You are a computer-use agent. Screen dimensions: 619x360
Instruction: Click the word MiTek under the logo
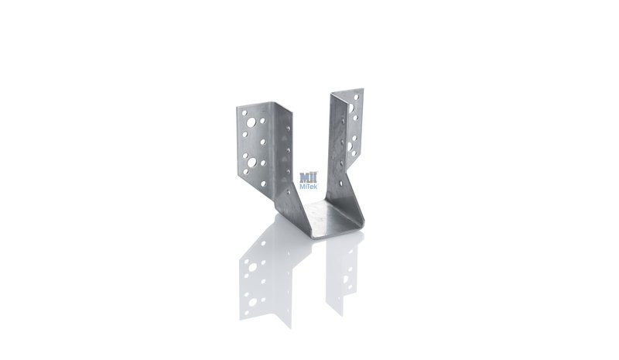[x=308, y=186]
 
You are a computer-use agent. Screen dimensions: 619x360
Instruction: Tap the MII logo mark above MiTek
[x=309, y=177]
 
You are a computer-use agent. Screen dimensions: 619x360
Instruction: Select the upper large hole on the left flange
[x=251, y=122]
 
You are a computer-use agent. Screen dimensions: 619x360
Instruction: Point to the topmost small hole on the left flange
[x=245, y=112]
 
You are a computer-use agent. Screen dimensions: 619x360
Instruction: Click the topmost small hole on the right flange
[x=357, y=97]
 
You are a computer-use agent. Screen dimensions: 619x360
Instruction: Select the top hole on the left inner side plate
[x=288, y=128]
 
